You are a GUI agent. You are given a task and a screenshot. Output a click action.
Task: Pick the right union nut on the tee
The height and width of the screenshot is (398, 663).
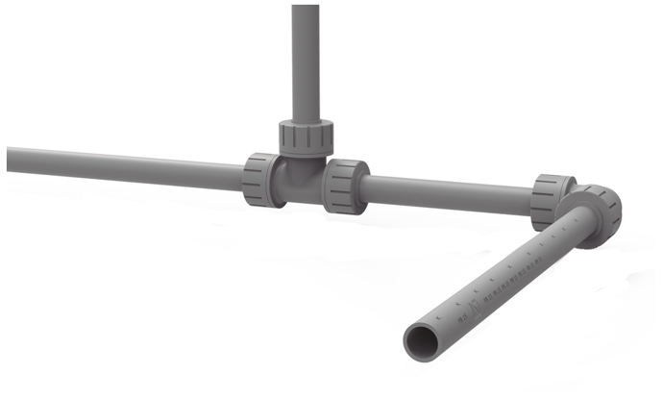click(345, 186)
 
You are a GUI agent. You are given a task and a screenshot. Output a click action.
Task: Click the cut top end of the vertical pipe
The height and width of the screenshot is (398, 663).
click(306, 7)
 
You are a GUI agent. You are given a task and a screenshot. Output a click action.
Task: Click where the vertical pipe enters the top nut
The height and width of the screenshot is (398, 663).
click(306, 121)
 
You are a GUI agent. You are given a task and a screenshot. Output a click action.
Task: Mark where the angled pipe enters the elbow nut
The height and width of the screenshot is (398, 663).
click(573, 236)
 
